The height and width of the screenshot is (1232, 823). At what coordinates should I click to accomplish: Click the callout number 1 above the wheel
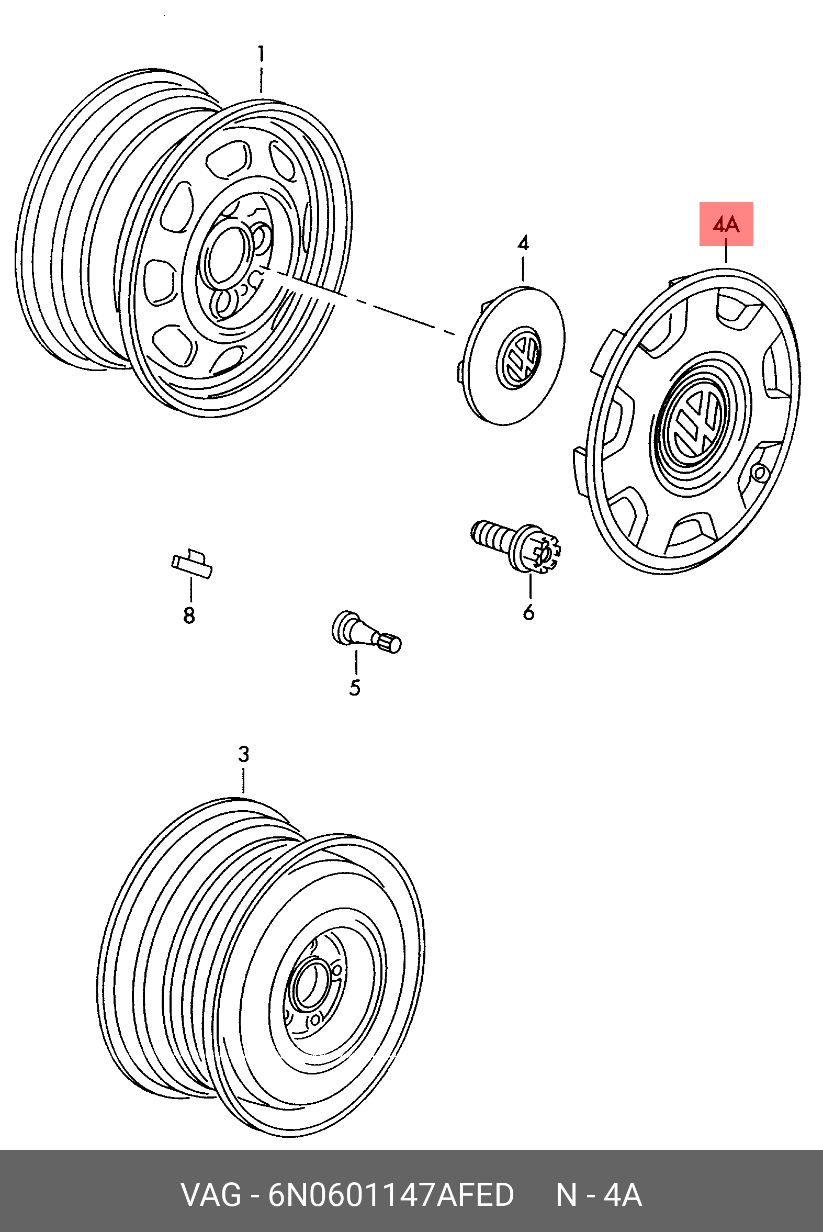point(261,54)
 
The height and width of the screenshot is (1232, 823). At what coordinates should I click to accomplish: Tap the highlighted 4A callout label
point(726,224)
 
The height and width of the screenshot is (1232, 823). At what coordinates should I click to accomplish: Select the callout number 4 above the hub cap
point(523,243)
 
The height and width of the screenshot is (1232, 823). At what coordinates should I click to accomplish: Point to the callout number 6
point(528,612)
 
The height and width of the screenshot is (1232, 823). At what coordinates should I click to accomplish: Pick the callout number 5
point(355,687)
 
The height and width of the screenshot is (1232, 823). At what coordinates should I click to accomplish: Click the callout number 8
point(189,615)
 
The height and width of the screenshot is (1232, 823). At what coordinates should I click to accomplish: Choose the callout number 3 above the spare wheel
point(243,754)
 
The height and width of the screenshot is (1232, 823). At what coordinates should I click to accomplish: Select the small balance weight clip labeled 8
point(191,564)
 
